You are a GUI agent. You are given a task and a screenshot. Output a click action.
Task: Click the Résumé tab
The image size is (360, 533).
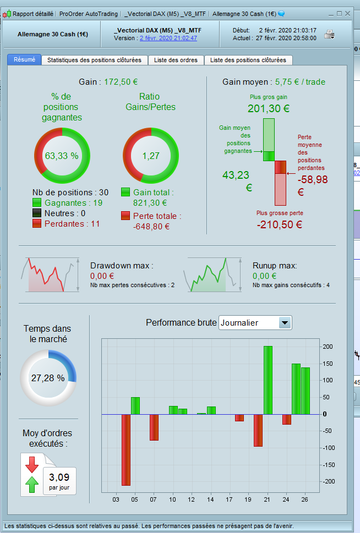24,60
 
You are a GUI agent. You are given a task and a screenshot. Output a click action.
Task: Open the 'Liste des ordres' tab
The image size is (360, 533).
175,60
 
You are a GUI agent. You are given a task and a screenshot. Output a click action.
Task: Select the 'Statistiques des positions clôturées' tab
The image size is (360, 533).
94,60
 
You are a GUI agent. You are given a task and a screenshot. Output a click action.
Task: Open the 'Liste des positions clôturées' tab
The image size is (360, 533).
248,60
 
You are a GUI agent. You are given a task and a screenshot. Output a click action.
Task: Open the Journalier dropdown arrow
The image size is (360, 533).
285,323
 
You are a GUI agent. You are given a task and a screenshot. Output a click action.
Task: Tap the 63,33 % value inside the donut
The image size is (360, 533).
62,156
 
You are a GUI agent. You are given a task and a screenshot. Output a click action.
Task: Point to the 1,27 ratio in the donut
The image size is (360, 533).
150,156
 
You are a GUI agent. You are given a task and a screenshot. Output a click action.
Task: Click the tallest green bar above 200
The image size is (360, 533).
268,380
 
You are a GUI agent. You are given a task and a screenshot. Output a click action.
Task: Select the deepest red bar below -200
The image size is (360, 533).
126,449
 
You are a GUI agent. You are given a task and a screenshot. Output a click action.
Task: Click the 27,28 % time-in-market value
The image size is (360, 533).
48,378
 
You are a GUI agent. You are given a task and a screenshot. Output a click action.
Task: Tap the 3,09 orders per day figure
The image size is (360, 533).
59,477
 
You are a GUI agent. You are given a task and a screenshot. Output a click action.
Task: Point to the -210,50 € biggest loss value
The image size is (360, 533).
279,224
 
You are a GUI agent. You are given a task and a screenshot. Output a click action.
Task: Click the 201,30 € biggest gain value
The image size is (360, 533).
268,108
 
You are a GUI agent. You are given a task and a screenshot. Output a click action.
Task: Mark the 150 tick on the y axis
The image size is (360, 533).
327,364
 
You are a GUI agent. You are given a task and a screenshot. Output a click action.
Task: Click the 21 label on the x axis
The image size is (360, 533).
268,499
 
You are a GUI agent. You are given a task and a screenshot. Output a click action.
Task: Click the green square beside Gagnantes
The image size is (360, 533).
37,203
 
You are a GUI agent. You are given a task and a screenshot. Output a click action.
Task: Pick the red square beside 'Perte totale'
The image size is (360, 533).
126,216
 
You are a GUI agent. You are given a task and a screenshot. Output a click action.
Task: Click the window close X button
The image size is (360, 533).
348,13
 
